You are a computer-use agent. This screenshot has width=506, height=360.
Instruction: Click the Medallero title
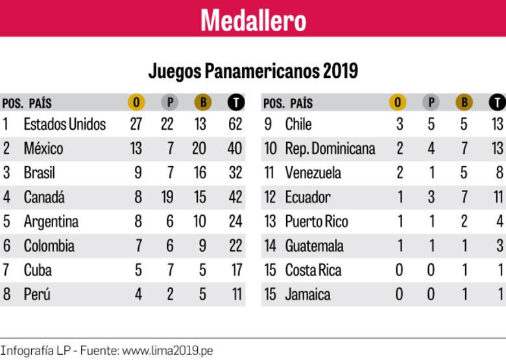click(253, 19)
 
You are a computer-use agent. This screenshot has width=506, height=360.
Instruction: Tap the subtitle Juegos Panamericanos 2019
click(253, 70)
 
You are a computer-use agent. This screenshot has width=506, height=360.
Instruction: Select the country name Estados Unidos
click(64, 124)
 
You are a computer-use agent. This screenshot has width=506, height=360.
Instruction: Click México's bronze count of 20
click(199, 149)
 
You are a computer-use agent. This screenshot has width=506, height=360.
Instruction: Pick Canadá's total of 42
click(235, 197)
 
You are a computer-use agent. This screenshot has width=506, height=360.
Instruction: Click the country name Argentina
click(51, 222)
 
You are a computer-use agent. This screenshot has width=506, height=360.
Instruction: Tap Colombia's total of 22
click(235, 246)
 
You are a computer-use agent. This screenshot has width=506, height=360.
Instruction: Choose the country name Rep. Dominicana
click(330, 149)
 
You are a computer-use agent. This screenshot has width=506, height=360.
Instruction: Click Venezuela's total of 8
click(498, 173)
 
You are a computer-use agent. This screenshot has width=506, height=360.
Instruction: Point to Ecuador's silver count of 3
click(431, 197)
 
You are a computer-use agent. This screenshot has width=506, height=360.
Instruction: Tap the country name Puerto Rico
click(317, 222)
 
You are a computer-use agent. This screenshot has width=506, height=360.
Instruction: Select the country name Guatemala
click(315, 246)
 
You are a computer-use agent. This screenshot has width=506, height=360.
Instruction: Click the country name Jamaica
click(307, 294)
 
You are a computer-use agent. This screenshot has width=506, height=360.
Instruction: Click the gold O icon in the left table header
click(136, 102)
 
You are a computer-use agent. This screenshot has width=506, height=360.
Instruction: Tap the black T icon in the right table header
click(497, 102)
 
